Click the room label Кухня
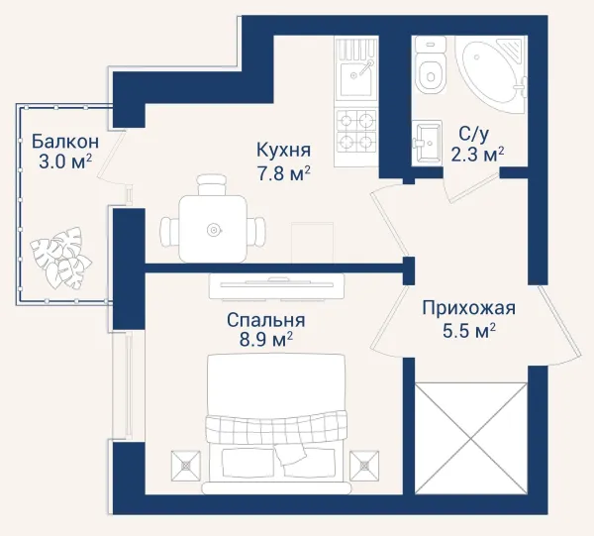[x=283, y=150]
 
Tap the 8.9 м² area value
[x=265, y=340]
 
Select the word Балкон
[x=65, y=142]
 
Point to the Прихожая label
[x=468, y=308]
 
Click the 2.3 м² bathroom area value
[x=477, y=154]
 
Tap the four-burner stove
[x=355, y=131]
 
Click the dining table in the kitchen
[x=213, y=229]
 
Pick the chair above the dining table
[x=212, y=184]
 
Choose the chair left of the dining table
[x=169, y=232]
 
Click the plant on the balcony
[x=61, y=258]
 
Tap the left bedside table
[x=186, y=465]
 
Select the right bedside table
[x=364, y=465]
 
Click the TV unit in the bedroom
[x=276, y=286]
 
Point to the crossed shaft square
[x=471, y=439]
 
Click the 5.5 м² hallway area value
[x=469, y=331]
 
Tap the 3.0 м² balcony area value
[x=65, y=161]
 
